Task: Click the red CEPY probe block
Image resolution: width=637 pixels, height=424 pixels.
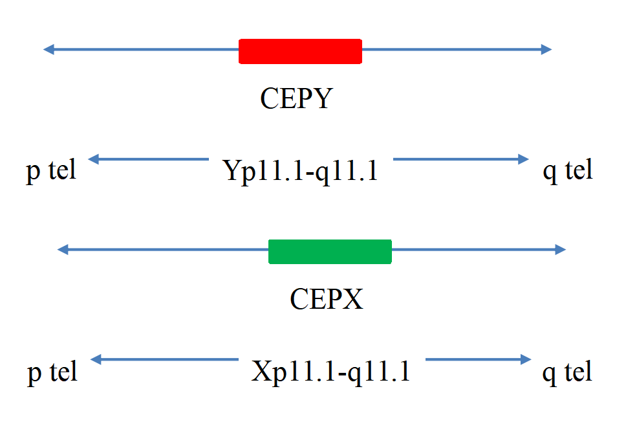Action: pyautogui.click(x=300, y=51)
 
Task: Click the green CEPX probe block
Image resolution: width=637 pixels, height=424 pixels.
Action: pyautogui.click(x=330, y=252)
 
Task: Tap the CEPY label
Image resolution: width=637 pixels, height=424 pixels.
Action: pyautogui.click(x=297, y=98)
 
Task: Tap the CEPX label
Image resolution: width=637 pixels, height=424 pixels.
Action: pyautogui.click(x=327, y=299)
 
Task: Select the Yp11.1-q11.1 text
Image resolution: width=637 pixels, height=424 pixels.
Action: pyautogui.click(x=301, y=171)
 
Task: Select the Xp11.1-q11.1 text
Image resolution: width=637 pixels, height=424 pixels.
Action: pyautogui.click(x=330, y=372)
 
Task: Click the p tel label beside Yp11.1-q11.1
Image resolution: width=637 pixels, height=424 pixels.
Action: pyautogui.click(x=51, y=171)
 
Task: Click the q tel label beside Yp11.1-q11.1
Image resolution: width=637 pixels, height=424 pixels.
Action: pyautogui.click(x=568, y=171)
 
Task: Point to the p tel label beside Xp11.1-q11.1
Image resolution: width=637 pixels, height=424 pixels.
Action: pyautogui.click(x=52, y=372)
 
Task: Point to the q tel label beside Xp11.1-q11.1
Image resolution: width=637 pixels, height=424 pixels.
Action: pyautogui.click(x=567, y=372)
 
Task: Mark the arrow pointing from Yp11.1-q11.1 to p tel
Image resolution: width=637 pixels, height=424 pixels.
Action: pyautogui.click(x=148, y=159)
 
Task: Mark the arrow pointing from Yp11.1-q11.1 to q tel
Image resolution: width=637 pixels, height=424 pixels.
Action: pyautogui.click(x=461, y=159)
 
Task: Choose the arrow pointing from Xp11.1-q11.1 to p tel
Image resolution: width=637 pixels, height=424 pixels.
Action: pyautogui.click(x=164, y=359)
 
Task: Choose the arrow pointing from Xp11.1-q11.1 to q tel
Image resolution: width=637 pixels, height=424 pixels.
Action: pyautogui.click(x=479, y=359)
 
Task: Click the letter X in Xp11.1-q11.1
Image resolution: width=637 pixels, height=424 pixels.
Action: pyautogui.click(x=262, y=370)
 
